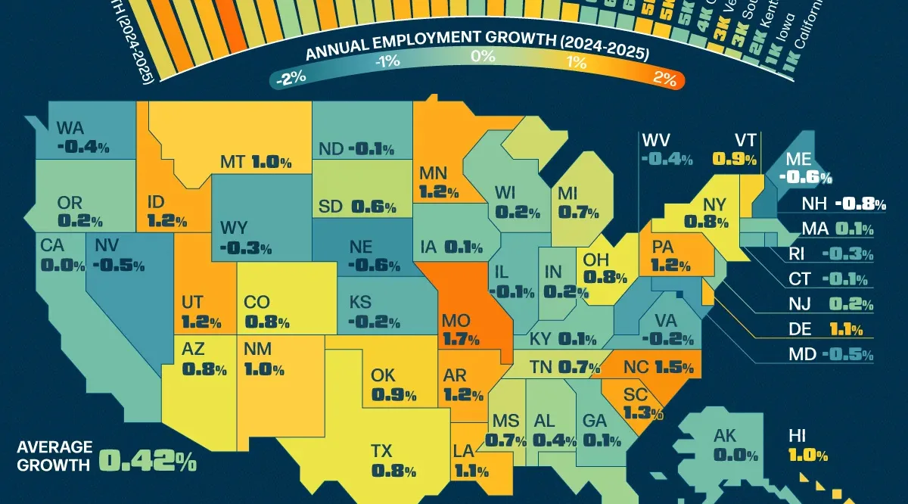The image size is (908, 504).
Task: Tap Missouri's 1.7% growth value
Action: [460, 340]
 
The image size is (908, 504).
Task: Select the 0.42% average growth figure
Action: [148, 459]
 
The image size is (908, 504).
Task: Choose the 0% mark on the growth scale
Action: [482, 56]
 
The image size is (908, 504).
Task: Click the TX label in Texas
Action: [383, 451]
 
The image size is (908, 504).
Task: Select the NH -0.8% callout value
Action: [860, 204]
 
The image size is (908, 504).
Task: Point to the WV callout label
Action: [656, 140]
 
